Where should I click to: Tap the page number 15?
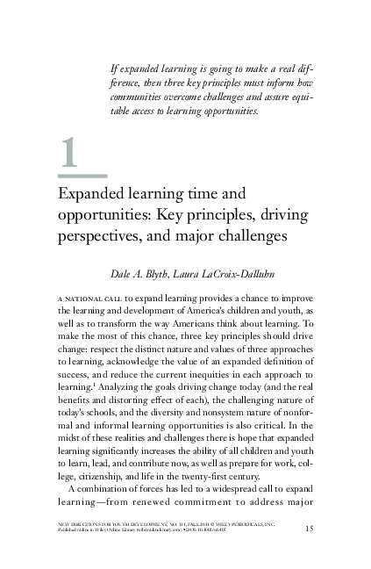click(x=310, y=527)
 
